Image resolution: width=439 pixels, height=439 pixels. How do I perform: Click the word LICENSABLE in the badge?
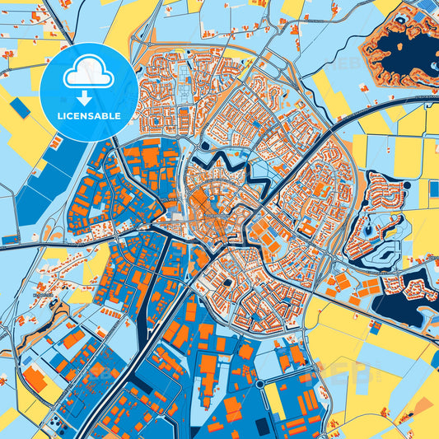coord(89,116)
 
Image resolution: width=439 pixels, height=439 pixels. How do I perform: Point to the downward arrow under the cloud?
coord(89,96)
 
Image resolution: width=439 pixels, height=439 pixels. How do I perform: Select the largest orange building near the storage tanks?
coord(35,379)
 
